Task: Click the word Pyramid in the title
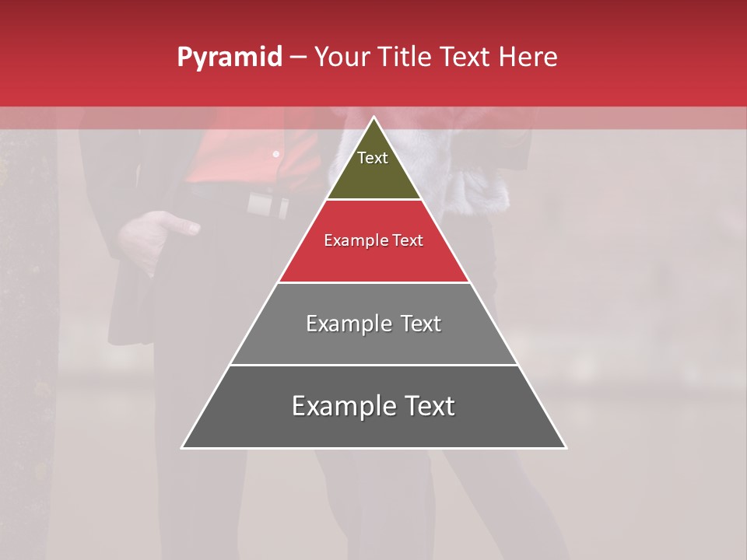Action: coord(229,58)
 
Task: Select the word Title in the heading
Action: coord(404,58)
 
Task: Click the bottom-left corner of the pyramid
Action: coord(182,448)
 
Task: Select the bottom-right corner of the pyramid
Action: coord(566,448)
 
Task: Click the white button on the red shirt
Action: coord(275,154)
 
